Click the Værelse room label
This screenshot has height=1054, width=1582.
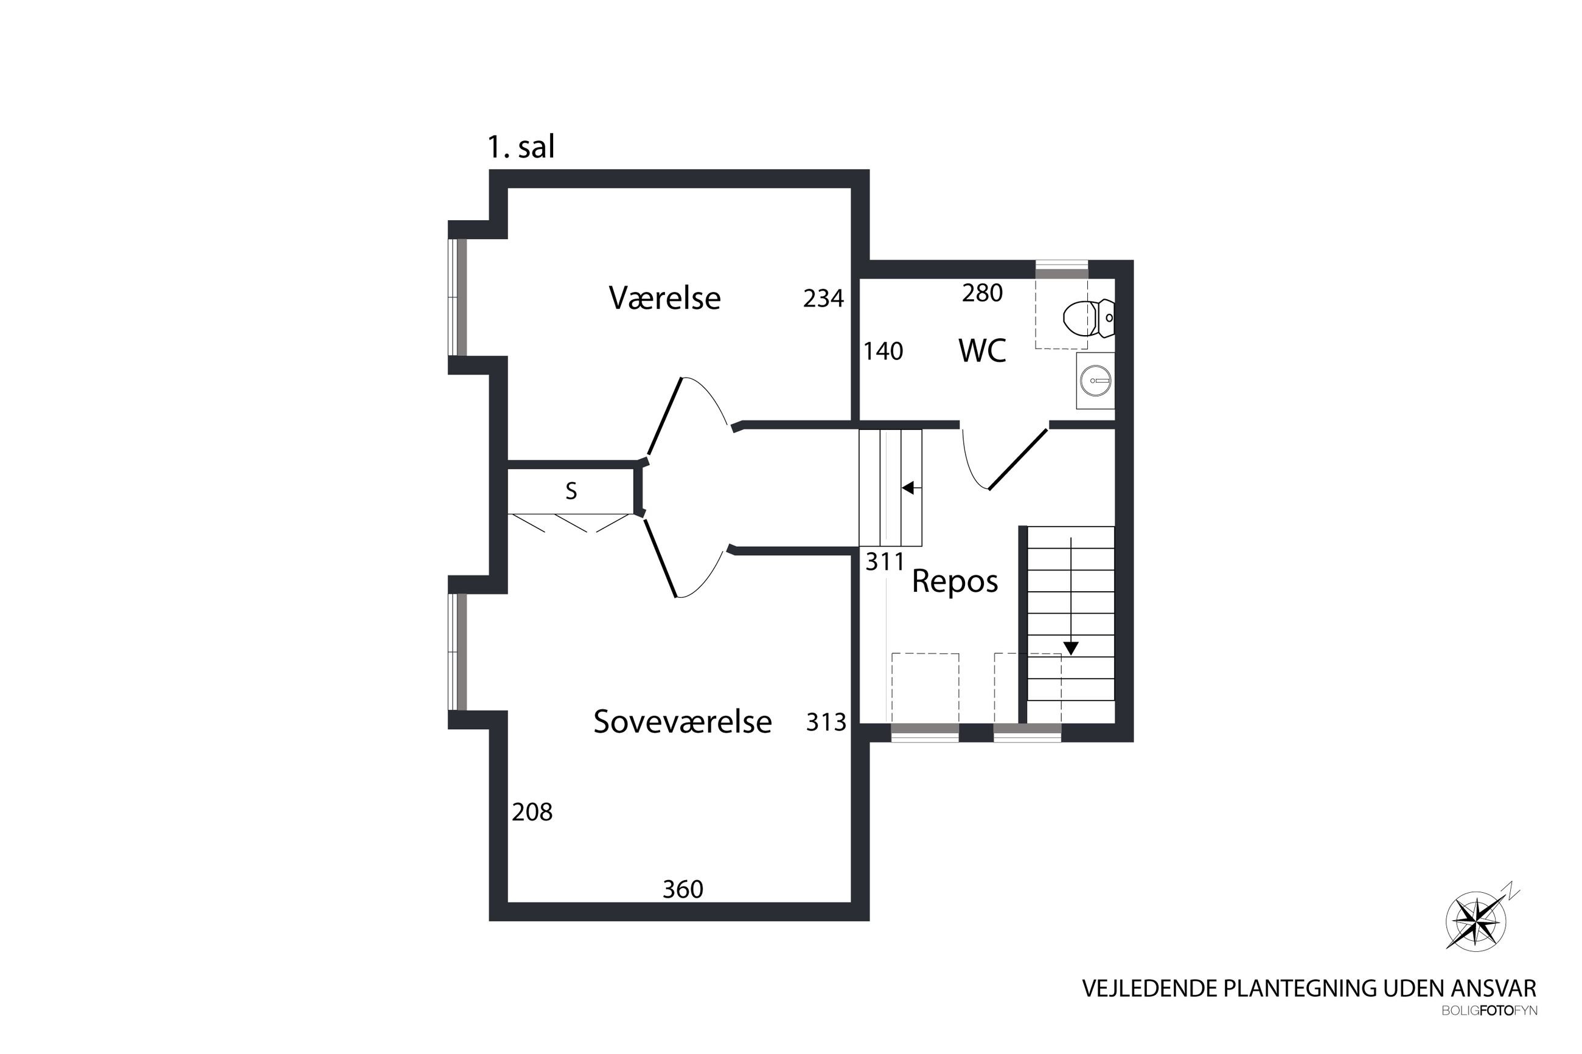point(664,298)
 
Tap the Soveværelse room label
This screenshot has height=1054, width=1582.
point(683,722)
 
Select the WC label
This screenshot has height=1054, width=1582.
point(981,351)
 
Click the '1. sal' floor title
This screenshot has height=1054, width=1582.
point(521,147)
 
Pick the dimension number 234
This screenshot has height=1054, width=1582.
point(823,299)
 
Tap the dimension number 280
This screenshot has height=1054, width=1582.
point(982,293)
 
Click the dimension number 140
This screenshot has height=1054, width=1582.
point(883,351)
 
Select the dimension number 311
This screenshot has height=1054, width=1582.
point(885,562)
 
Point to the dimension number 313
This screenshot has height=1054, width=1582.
point(826,723)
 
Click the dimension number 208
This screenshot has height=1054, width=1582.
point(532,813)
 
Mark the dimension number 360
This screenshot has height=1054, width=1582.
point(683,890)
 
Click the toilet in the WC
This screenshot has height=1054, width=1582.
point(1089,318)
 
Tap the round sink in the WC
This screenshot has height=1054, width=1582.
point(1095,381)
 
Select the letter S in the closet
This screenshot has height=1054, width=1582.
point(571,491)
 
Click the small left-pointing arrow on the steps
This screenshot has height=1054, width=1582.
point(911,488)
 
